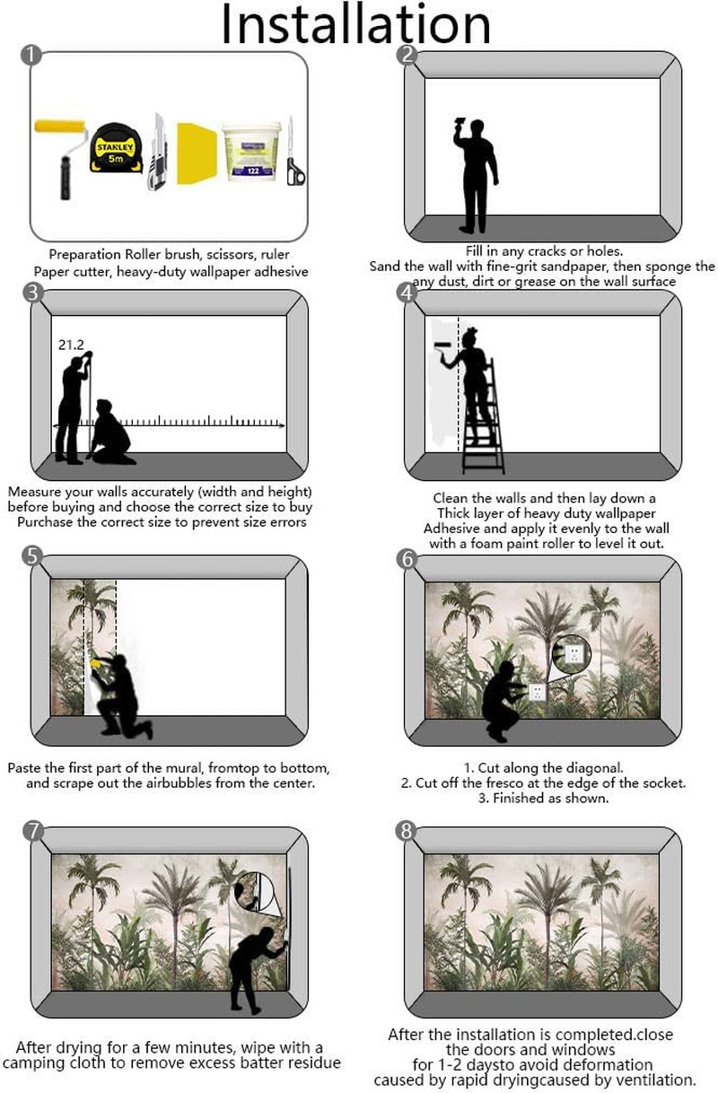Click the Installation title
355,24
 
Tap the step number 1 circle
31,55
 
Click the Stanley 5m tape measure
116,148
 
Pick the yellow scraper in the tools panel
196,153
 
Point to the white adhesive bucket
251,152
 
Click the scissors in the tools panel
294,151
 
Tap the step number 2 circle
407,55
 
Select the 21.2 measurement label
71,345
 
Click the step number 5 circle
32,555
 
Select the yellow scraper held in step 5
96,662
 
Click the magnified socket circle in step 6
572,653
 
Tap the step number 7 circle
33,830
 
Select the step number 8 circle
407,830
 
